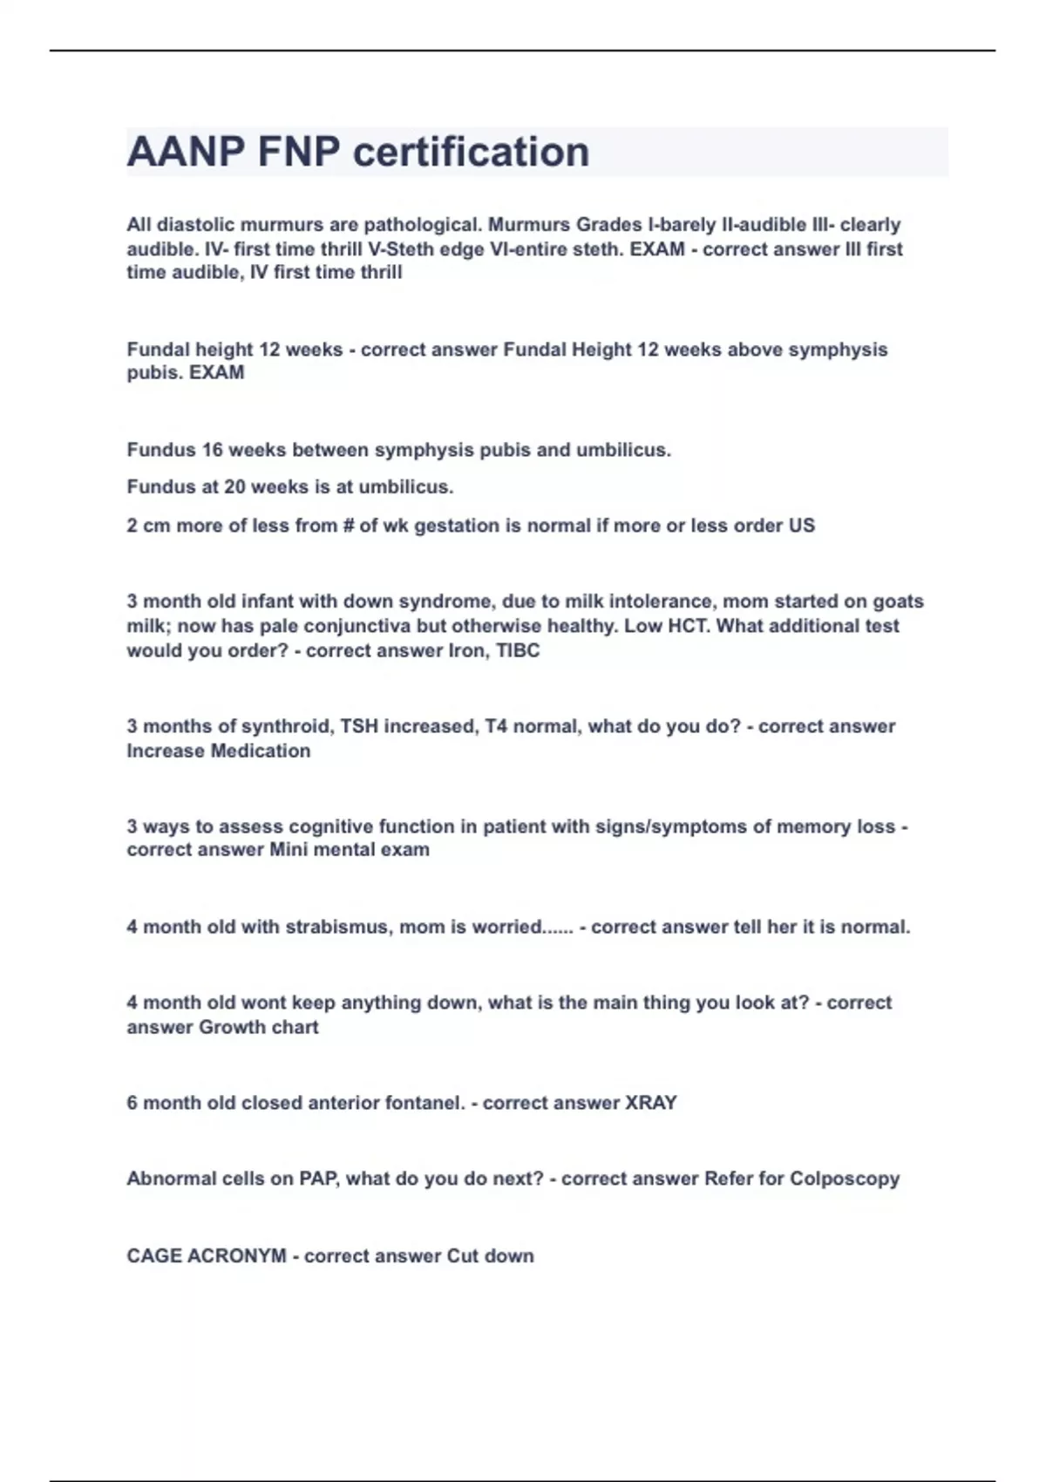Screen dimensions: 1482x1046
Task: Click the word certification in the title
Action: (x=472, y=153)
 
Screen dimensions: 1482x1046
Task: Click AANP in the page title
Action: (x=186, y=153)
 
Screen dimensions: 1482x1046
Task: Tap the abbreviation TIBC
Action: (x=518, y=650)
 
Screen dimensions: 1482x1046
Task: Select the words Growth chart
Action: (x=258, y=1027)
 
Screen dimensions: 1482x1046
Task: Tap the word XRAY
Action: (x=651, y=1103)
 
